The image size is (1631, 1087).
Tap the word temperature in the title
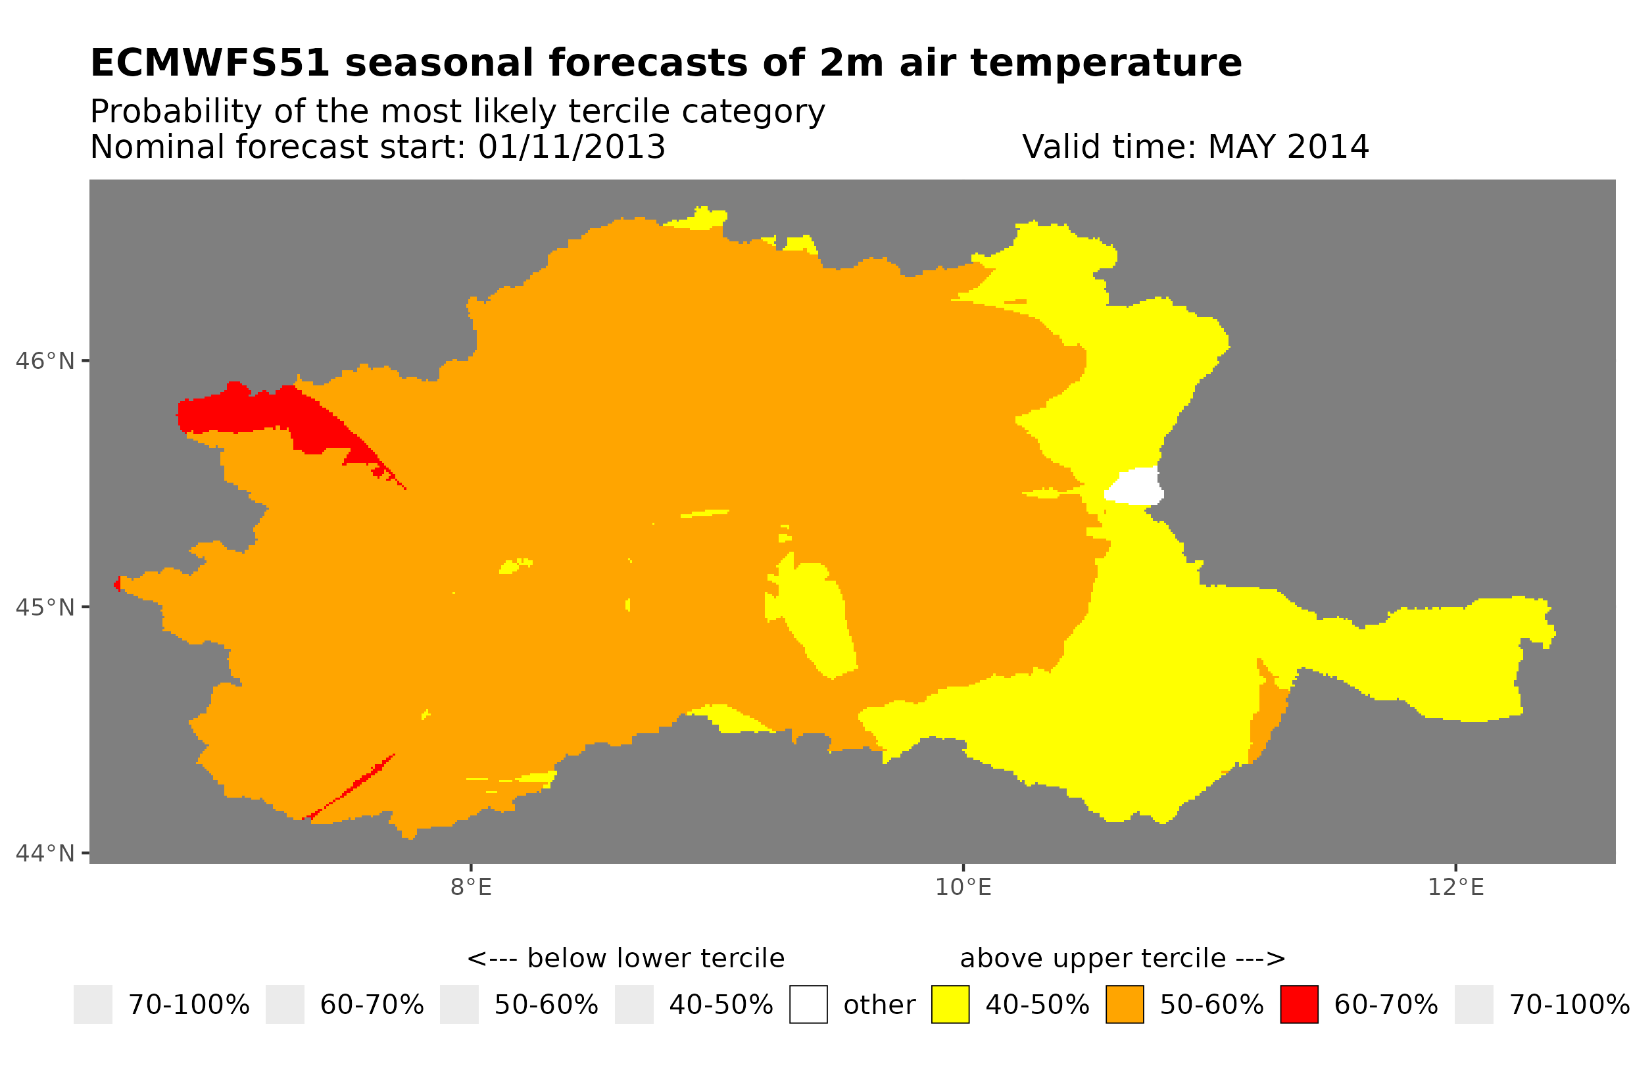pyautogui.click(x=1105, y=63)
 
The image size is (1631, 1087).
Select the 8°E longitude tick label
pyautogui.click(x=471, y=887)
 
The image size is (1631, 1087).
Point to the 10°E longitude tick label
pyautogui.click(x=963, y=887)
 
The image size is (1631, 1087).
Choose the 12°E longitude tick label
pyautogui.click(x=1455, y=887)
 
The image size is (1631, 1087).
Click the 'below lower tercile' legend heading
pyautogui.click(x=625, y=959)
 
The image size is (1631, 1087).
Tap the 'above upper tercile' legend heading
pyautogui.click(x=1122, y=959)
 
